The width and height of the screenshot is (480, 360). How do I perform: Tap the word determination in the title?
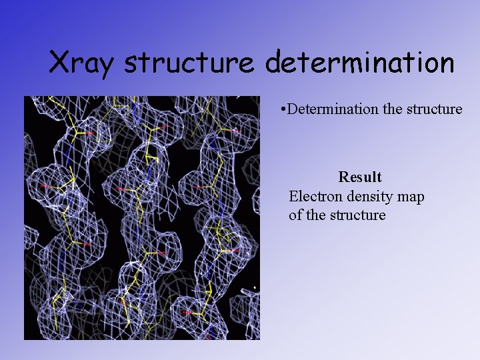point(360,63)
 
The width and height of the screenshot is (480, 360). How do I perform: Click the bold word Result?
point(360,177)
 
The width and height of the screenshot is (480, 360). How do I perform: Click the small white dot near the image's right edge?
point(254,287)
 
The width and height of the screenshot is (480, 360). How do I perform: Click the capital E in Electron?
point(293,197)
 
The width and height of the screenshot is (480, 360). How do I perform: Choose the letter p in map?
point(420,199)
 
